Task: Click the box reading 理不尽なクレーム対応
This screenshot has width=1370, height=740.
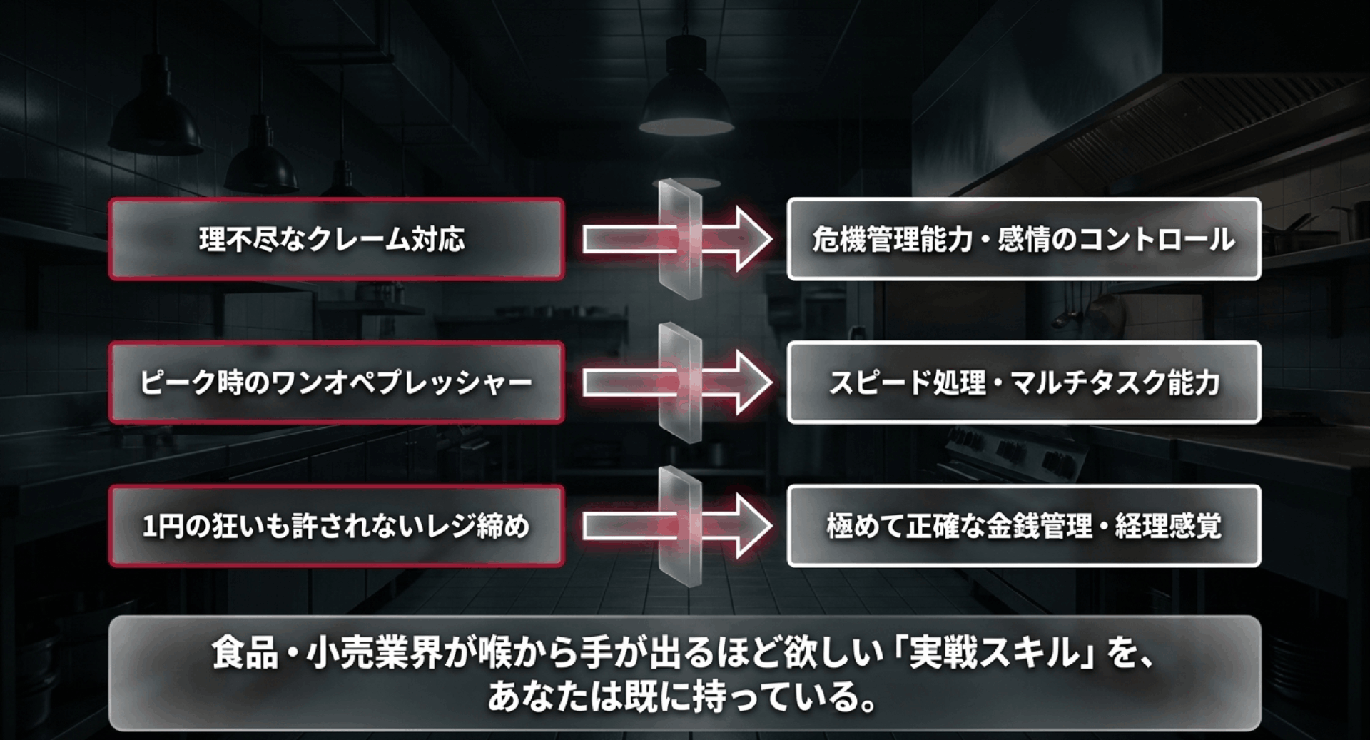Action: [x=336, y=239]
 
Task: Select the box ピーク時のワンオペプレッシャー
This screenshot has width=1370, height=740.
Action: [x=336, y=382]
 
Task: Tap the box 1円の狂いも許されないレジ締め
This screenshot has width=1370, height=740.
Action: [x=336, y=526]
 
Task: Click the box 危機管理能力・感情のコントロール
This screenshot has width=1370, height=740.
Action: [x=1023, y=239]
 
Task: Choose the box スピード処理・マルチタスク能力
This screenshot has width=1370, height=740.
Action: [x=1023, y=382]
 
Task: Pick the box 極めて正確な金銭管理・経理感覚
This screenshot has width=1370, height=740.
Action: [x=1023, y=526]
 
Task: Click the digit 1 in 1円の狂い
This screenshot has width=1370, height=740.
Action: [x=149, y=527]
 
